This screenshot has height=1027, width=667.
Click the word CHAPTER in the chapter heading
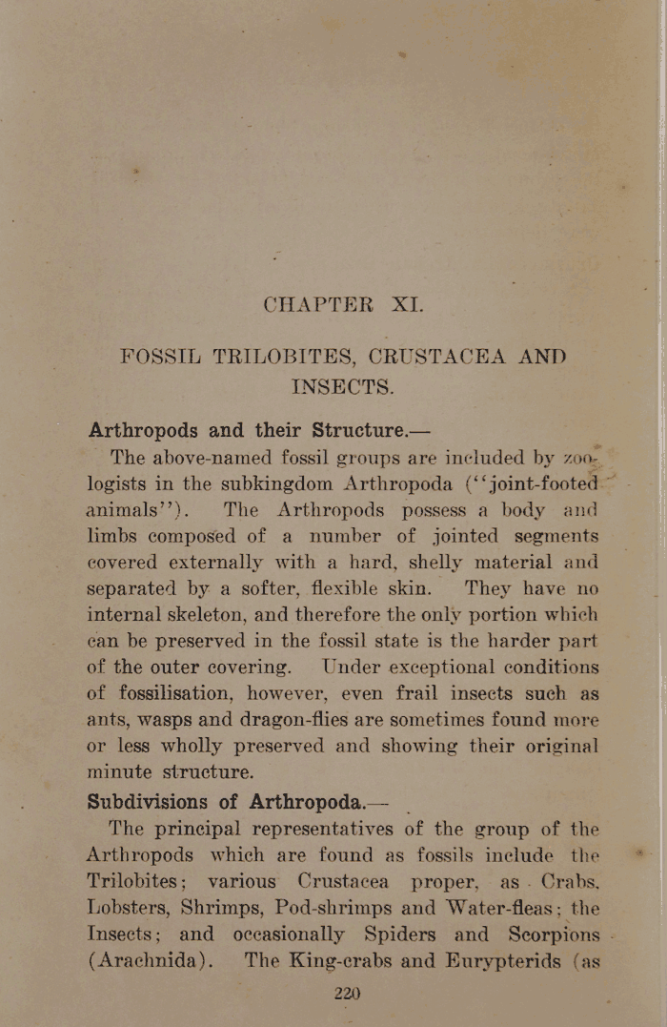[x=317, y=306]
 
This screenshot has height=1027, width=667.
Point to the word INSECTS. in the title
[x=342, y=386]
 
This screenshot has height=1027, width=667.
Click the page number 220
[x=347, y=994]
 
